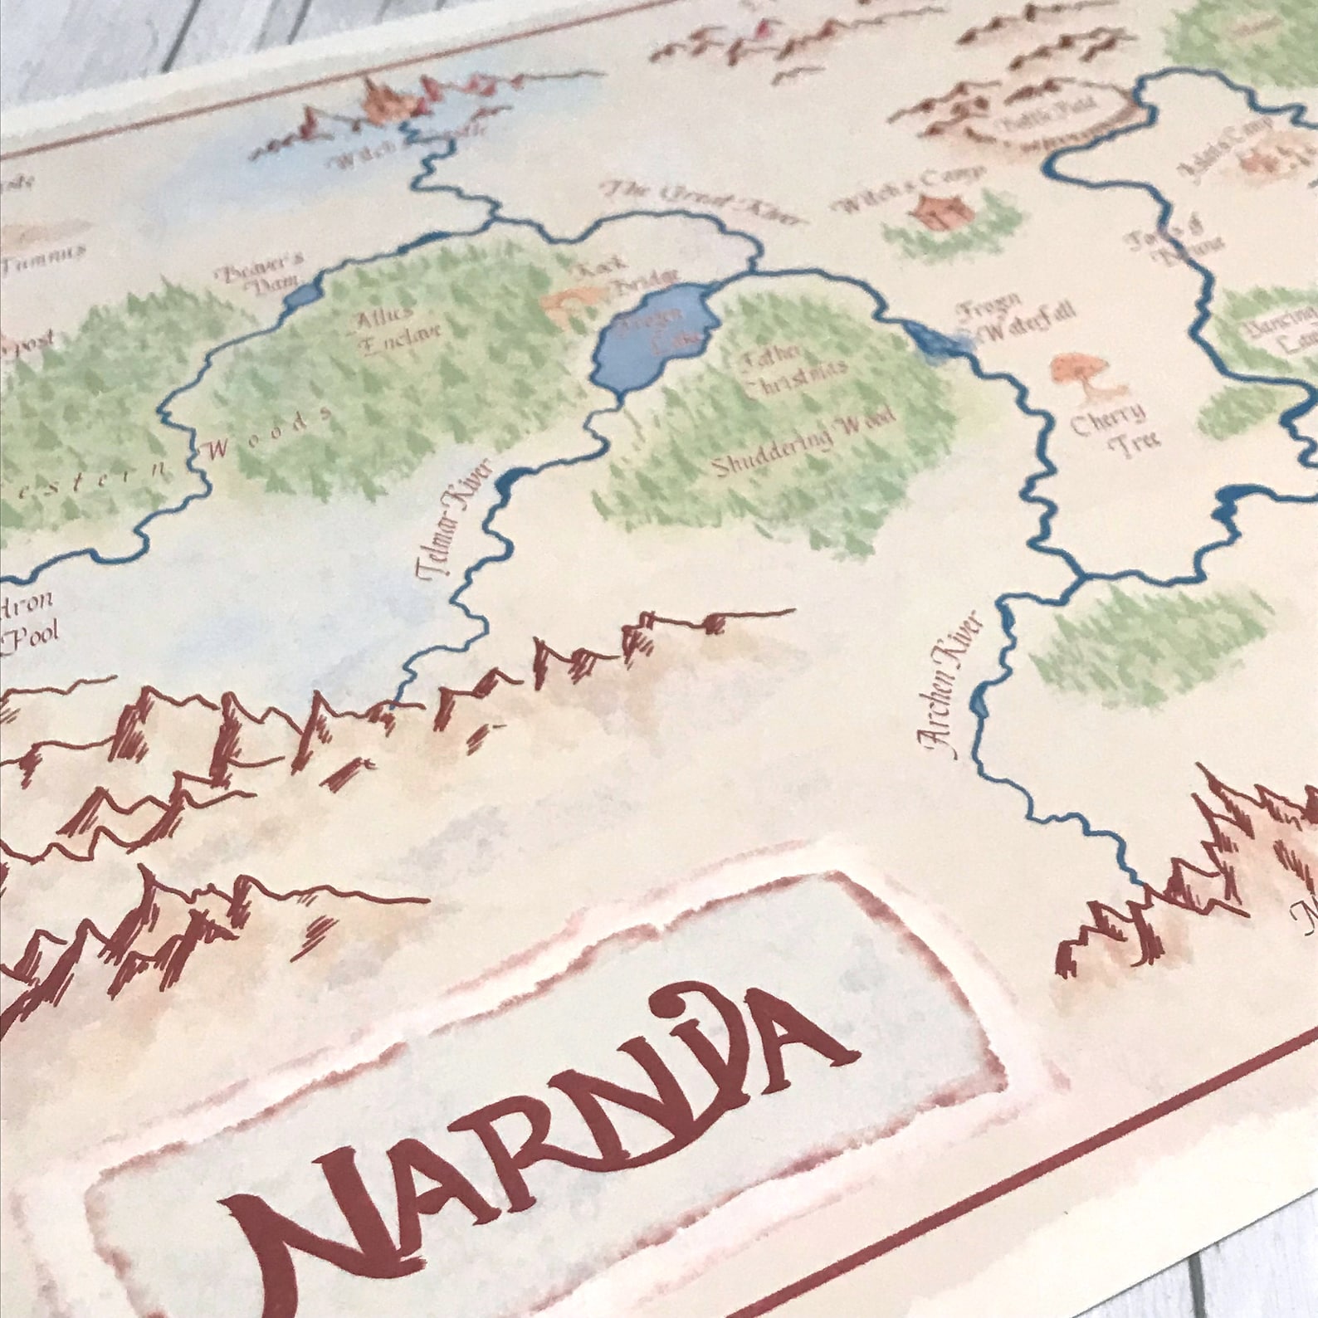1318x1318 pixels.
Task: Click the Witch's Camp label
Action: tap(913, 188)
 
